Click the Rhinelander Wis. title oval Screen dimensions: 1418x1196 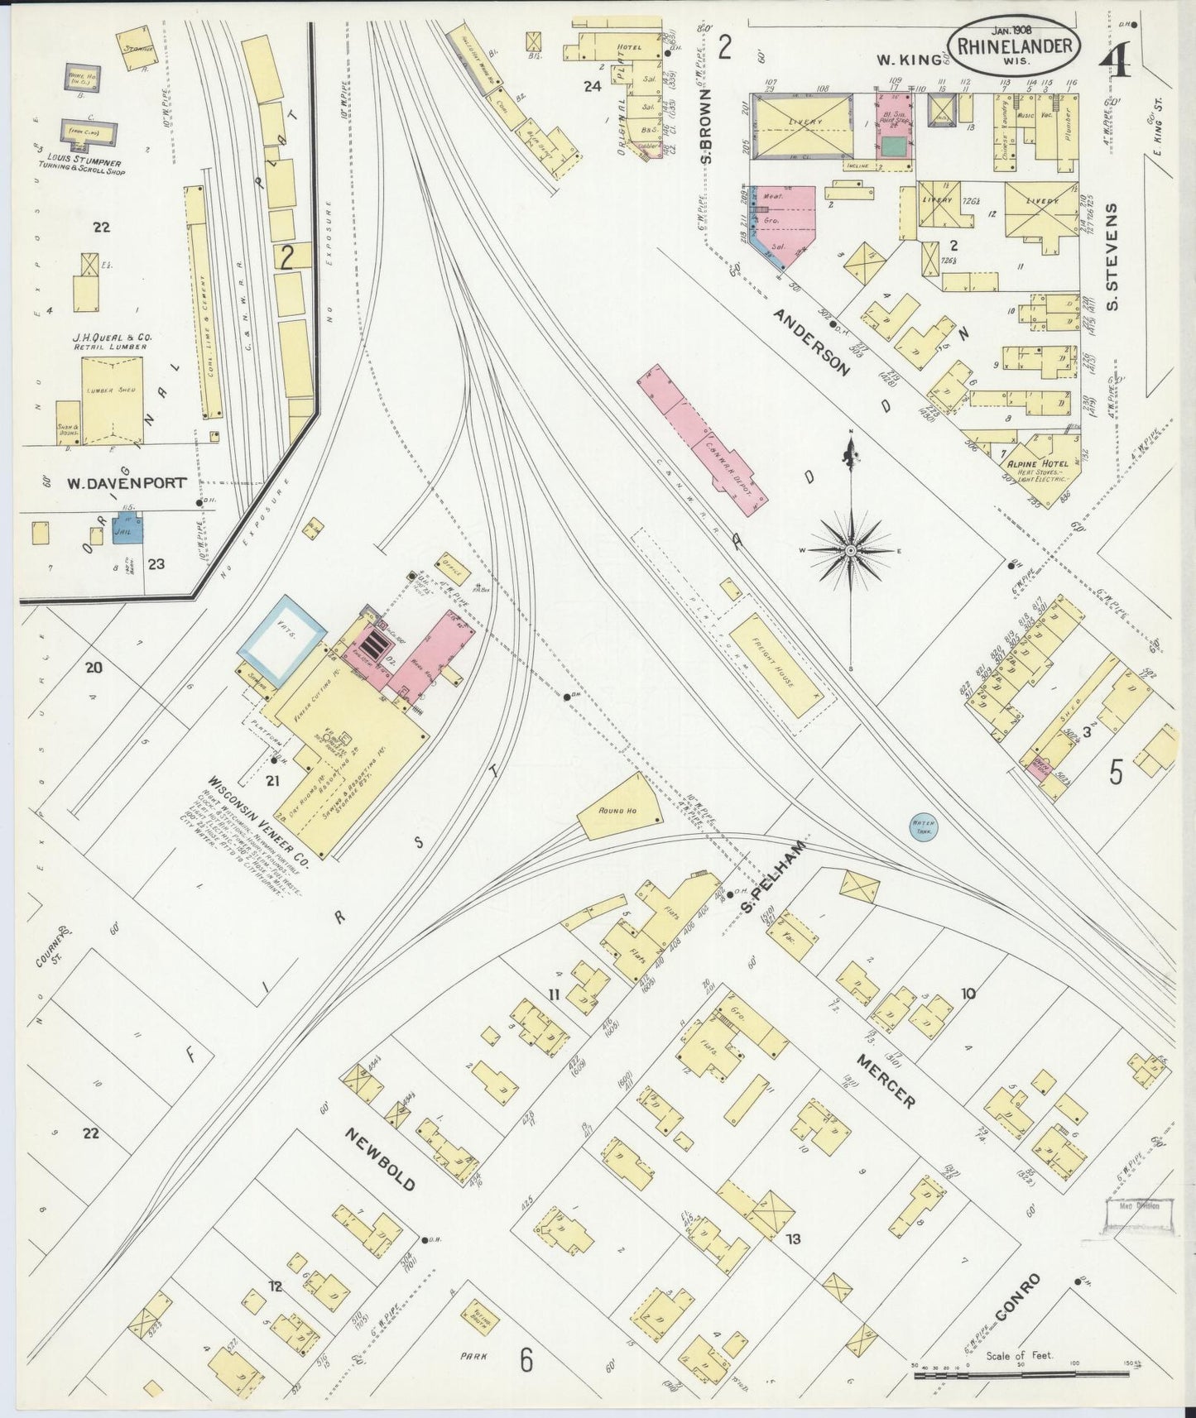click(x=1016, y=46)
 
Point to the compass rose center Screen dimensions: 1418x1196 click(x=851, y=549)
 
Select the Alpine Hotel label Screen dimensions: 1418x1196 click(x=1030, y=465)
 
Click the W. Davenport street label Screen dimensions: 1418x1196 click(x=127, y=483)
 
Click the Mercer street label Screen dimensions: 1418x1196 click(x=886, y=1080)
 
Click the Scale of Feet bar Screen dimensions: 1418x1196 click(x=1026, y=1375)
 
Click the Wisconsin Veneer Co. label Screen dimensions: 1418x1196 click(x=257, y=819)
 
